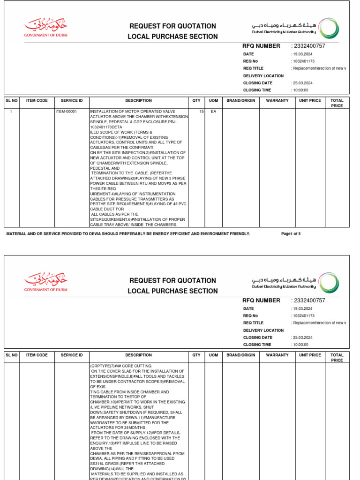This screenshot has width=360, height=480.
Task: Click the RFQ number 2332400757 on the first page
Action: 309,46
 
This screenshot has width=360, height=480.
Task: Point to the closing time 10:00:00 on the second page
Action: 300,345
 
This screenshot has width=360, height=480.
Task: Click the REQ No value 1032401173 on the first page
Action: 303,61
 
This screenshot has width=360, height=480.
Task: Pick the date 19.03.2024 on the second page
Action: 302,309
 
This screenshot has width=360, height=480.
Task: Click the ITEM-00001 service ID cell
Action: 66,112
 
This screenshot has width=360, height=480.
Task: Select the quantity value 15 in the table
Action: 201,112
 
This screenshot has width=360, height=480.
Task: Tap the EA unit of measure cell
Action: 213,112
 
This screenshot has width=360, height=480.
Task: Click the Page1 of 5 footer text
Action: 291,233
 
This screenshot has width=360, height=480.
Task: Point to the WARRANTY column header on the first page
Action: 277,100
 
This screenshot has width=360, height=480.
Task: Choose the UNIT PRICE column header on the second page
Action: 310,355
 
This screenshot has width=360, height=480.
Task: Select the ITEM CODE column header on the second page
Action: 37,355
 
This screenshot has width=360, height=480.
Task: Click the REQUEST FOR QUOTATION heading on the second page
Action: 173,281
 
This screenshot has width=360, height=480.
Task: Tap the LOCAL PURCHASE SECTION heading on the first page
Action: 173,37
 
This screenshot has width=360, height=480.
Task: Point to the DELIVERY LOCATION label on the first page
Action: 263,76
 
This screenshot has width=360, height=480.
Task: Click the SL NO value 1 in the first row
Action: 11,112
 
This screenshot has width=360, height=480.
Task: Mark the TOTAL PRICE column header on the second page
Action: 337,358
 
